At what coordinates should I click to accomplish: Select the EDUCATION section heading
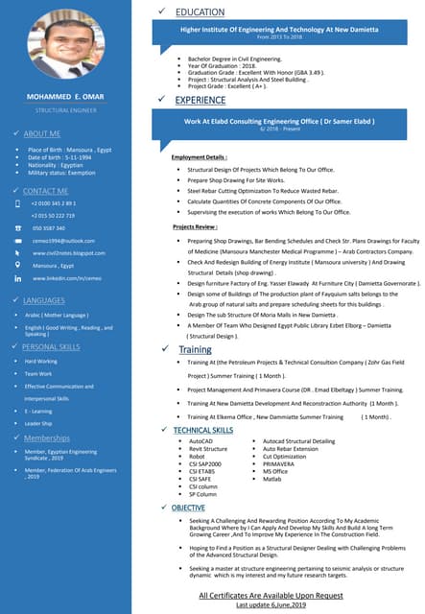pos(200,12)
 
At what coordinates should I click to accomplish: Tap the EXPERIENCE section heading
pos(201,100)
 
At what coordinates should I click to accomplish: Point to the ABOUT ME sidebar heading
pos(41,133)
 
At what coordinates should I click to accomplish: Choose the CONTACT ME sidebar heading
pos(45,191)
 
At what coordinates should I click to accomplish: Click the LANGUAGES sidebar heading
pos(43,300)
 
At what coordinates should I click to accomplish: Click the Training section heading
pos(195,350)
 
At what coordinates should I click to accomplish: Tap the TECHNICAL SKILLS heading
pos(202,431)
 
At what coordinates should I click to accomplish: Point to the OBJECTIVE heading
pos(188,507)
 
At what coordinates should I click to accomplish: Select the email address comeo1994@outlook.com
pos(63,240)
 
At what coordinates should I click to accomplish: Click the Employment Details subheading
pos(199,156)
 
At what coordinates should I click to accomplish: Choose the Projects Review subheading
pos(195,225)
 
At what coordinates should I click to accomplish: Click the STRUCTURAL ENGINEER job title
pos(64,111)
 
